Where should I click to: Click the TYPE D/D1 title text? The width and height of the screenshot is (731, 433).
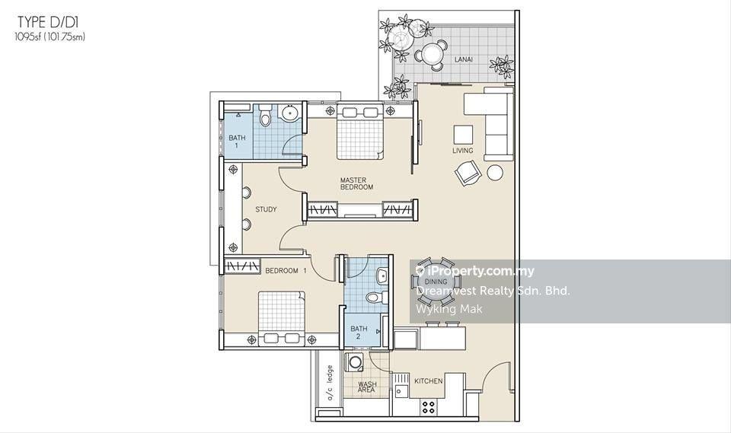coord(45,21)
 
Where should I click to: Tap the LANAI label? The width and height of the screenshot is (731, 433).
coord(464,59)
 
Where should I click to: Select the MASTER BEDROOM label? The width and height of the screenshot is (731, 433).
coord(356,183)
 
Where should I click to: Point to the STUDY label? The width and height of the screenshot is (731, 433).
coord(266,209)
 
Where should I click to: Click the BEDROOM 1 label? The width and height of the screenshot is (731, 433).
coord(286,270)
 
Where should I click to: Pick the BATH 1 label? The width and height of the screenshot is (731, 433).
coord(237,142)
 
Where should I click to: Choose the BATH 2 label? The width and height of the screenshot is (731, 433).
coord(359,333)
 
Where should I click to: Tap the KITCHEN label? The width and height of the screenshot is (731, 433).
coord(429,380)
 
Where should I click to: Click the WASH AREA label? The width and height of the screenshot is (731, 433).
coord(367,387)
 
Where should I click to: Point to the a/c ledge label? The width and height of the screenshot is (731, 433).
coord(330,383)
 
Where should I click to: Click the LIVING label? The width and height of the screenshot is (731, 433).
coord(462,151)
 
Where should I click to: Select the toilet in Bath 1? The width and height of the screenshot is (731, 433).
coord(265,115)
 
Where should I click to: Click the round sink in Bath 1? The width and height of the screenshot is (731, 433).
coord(289,113)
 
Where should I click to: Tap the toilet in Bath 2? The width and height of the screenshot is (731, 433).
coord(376,297)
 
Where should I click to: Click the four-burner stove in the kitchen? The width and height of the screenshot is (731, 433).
coord(429,407)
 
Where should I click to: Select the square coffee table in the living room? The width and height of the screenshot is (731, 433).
coord(463,135)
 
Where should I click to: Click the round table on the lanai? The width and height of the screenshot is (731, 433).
coord(433,55)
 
